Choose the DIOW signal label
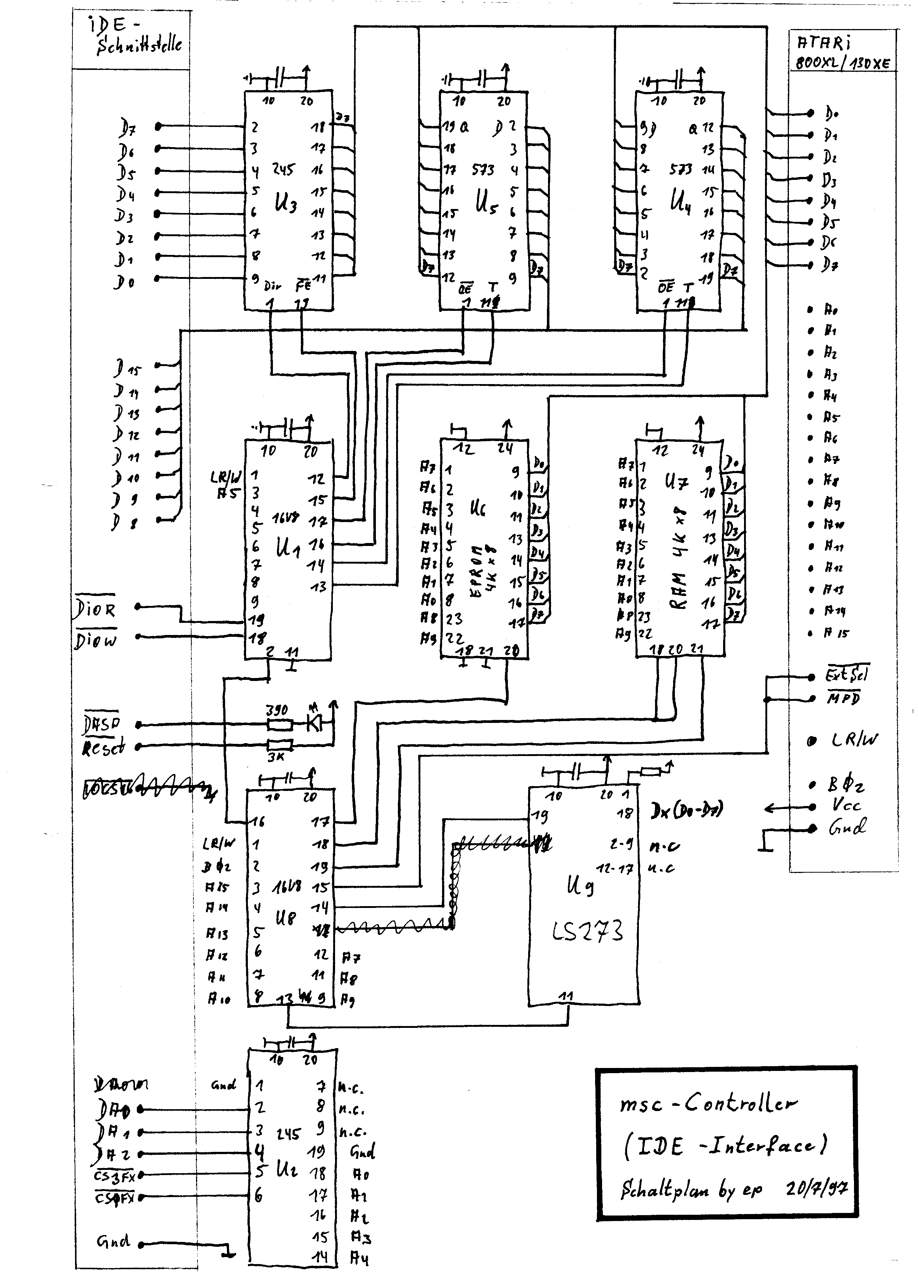(x=96, y=640)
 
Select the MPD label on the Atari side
(x=843, y=699)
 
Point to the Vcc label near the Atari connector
(x=847, y=806)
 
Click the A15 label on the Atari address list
(x=837, y=634)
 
